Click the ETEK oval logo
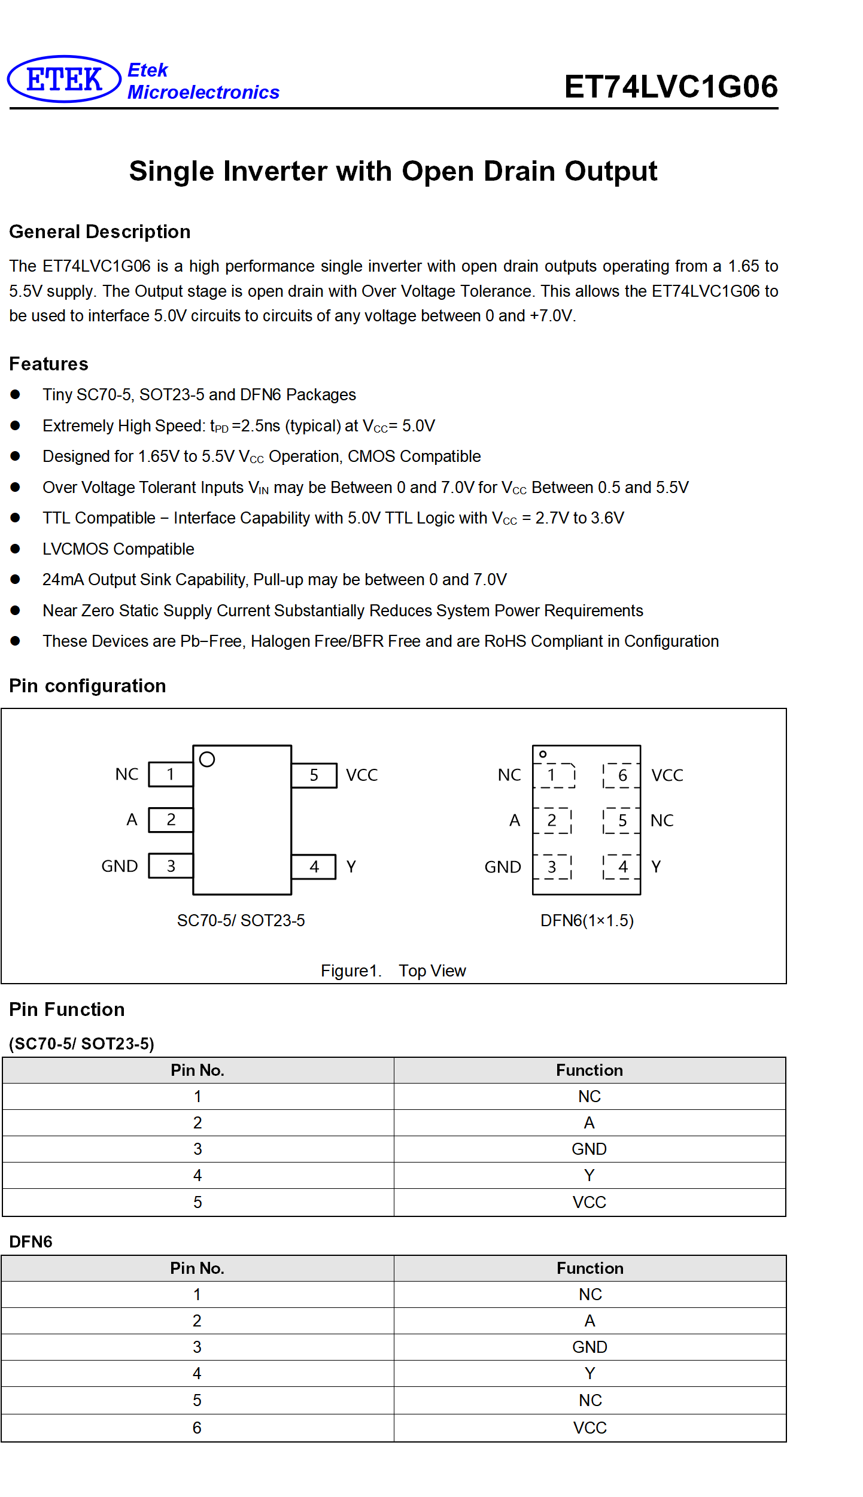[64, 79]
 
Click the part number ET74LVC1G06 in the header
[671, 87]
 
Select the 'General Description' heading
[100, 232]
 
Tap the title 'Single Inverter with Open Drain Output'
[393, 171]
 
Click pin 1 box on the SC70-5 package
[171, 774]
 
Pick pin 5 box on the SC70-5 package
[314, 775]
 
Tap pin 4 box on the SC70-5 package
[314, 867]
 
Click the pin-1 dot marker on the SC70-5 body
[207, 759]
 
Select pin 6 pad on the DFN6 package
[622, 775]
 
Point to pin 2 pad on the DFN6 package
[552, 820]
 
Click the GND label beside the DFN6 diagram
[503, 867]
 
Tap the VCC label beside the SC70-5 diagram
[361, 775]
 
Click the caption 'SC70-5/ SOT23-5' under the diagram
[241, 920]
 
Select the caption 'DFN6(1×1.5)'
[587, 920]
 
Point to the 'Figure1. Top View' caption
[393, 970]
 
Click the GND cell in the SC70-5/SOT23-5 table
[589, 1149]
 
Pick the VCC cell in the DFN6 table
[590, 1428]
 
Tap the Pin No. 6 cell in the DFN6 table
[197, 1428]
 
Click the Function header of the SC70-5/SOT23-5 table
[589, 1070]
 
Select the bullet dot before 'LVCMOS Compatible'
[16, 549]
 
